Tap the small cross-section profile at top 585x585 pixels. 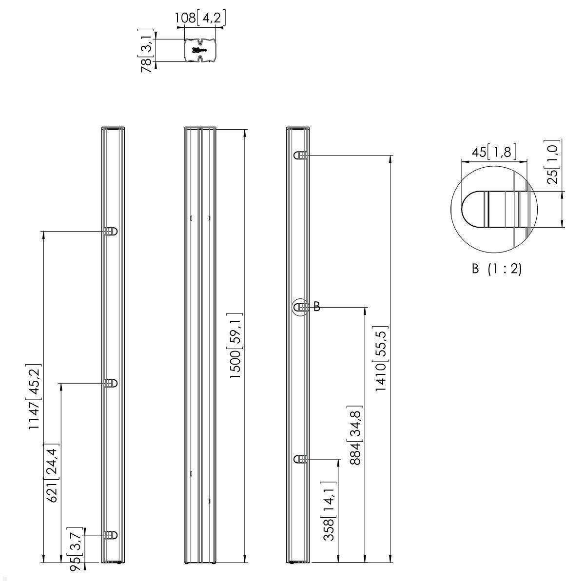(x=200, y=50)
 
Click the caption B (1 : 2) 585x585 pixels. (x=497, y=269)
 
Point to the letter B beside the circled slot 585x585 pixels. (x=317, y=307)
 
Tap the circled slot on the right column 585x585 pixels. (x=301, y=307)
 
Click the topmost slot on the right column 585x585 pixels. (x=300, y=156)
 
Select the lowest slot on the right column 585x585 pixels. (x=300, y=459)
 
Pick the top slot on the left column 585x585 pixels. (x=111, y=232)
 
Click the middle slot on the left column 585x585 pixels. (x=111, y=383)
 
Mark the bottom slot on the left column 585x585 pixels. (x=111, y=535)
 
